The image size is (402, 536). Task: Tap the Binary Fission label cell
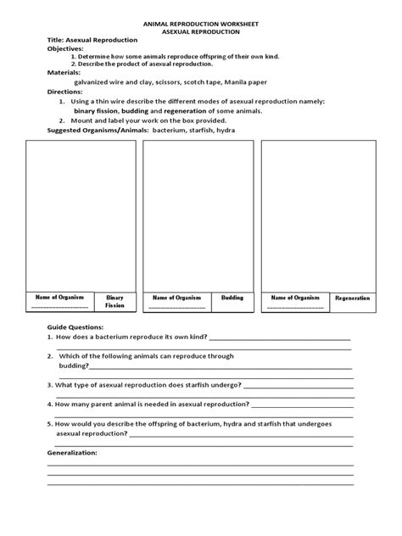pos(114,301)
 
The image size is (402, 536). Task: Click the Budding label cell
pos(232,298)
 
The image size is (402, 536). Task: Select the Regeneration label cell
pos(352,299)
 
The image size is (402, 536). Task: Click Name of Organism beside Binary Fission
pos(59,298)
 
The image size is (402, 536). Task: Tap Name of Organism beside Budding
pos(176,298)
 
